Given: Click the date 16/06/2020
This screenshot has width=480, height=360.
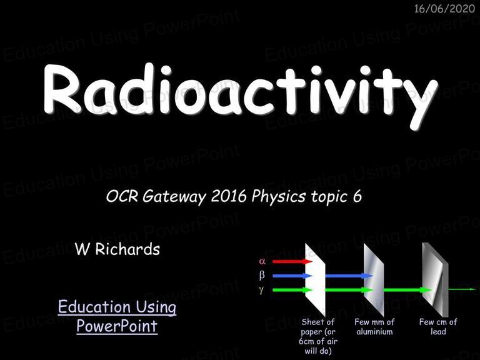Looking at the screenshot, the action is click(444, 9).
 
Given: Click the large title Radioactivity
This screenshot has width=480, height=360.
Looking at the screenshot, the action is click(241, 92).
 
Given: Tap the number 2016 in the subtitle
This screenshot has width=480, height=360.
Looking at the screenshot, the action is click(229, 196).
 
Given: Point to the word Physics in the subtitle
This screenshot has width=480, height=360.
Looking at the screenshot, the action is click(278, 197).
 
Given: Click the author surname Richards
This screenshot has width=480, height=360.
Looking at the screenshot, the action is click(127, 249).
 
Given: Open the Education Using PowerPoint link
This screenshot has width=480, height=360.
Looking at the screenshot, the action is click(117, 316).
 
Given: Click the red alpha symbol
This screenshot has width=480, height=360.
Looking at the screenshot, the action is click(262, 261).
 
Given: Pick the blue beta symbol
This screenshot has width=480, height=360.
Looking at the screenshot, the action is click(262, 276).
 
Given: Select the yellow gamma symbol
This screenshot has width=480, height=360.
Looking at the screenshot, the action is click(261, 289).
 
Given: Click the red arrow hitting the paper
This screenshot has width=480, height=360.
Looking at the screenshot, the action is click(292, 261).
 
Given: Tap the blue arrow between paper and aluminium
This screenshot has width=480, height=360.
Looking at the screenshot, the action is click(349, 276).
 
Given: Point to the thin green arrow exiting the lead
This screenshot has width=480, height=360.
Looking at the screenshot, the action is click(462, 289).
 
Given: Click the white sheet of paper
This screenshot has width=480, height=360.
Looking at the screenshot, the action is click(315, 279).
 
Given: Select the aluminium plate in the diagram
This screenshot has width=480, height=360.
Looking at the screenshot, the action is click(374, 279).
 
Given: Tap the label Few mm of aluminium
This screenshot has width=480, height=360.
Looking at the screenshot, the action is click(374, 327).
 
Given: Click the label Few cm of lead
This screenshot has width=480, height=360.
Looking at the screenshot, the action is click(438, 327).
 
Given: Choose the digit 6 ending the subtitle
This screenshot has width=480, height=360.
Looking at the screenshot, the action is click(357, 196).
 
